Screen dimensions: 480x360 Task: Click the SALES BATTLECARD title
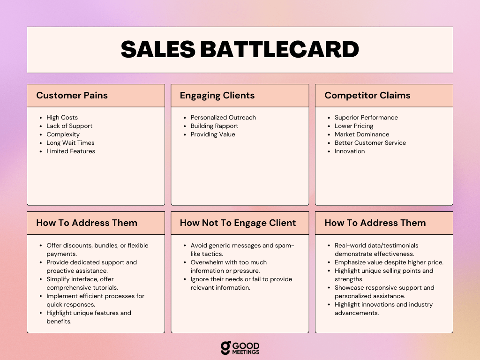tap(240, 49)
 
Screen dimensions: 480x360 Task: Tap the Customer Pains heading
tap(72, 95)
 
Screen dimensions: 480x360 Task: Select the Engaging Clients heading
tap(217, 96)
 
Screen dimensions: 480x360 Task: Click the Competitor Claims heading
tap(367, 96)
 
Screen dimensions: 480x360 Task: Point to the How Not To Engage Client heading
tap(238, 223)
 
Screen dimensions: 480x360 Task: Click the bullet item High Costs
tap(62, 118)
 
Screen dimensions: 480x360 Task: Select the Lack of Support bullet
tap(69, 126)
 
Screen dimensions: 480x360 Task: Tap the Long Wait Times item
tap(70, 142)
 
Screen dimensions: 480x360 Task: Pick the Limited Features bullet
tap(71, 151)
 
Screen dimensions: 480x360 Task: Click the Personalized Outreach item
tap(223, 118)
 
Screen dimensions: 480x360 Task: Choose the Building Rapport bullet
tap(214, 126)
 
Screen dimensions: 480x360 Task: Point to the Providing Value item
tap(213, 135)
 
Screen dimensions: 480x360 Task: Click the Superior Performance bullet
tap(366, 118)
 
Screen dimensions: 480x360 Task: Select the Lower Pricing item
tap(354, 126)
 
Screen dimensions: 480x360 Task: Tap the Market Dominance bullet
tap(362, 135)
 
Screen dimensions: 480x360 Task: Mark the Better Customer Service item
tap(370, 142)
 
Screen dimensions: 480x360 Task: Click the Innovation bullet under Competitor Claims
tap(350, 151)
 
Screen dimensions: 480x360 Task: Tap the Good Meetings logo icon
tap(225, 348)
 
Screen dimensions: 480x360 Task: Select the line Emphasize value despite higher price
tap(389, 262)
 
